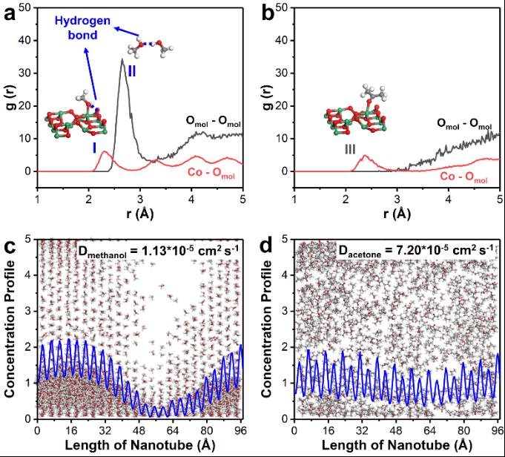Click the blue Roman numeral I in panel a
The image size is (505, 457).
[x=94, y=147]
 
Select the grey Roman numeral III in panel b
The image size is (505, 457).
[x=350, y=148]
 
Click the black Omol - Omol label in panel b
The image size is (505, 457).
[x=465, y=125]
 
